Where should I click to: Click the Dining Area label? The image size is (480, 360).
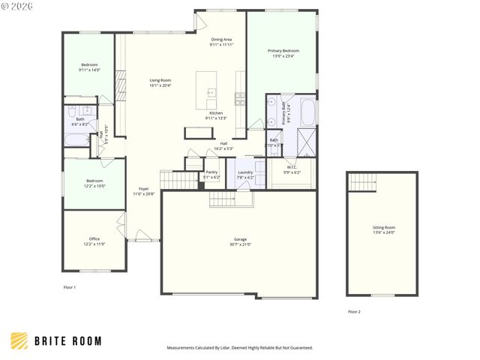point(221,39)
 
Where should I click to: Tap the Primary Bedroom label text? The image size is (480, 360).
point(281,50)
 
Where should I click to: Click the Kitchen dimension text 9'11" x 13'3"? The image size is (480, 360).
point(217,118)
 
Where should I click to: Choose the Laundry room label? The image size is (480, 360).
point(245,172)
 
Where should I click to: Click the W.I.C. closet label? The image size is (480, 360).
point(292,166)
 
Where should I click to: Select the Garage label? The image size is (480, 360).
point(240,240)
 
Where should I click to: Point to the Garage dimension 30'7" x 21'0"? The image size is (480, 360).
point(240,244)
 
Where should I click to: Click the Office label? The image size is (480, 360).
point(94,238)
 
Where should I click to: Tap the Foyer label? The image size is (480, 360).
point(142,189)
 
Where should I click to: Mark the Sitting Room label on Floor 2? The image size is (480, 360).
point(383,227)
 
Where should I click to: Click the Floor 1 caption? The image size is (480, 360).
point(69,287)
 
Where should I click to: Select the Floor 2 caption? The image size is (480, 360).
point(354,311)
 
